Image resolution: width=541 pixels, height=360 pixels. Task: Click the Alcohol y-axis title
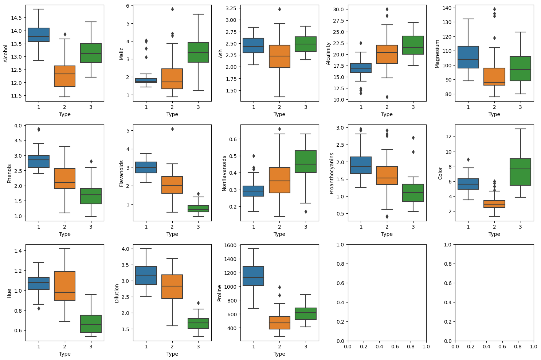pyautogui.click(x=6, y=53)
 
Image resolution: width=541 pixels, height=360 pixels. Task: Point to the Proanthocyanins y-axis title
pyautogui.click(x=332, y=173)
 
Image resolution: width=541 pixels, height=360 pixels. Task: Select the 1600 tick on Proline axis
pyautogui.click(x=230, y=245)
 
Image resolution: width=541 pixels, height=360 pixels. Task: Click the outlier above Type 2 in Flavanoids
pyautogui.click(x=172, y=129)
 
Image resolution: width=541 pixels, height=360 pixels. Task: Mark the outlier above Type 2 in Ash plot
pyautogui.click(x=279, y=9)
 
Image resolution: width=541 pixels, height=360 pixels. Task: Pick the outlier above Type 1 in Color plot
pyautogui.click(x=468, y=159)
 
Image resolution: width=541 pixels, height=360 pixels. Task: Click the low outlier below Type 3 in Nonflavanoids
pyautogui.click(x=306, y=211)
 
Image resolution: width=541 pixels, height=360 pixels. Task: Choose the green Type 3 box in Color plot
pyautogui.click(x=520, y=172)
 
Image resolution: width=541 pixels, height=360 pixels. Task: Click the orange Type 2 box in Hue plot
pyautogui.click(x=65, y=286)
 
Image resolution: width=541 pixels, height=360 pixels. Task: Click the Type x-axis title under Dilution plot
pyautogui.click(x=172, y=354)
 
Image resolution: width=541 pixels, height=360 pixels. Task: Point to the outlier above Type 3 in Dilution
pyautogui.click(x=198, y=303)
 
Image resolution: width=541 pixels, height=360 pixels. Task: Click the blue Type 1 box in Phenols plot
pyautogui.click(x=39, y=161)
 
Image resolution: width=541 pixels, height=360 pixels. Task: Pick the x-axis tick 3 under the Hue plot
pyautogui.click(x=91, y=347)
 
